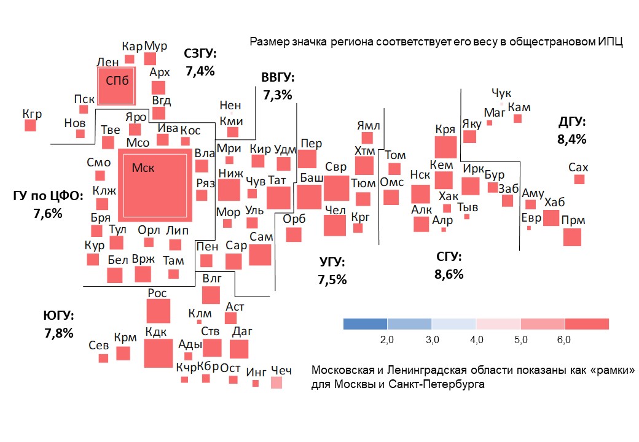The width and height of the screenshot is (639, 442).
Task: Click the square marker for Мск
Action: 155,185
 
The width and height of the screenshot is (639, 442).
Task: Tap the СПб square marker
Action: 116,85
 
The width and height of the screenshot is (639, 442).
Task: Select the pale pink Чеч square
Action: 277,383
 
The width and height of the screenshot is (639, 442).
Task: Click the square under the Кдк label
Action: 159,353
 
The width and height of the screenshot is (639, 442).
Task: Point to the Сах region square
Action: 579,179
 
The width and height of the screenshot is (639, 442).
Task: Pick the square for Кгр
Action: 30,125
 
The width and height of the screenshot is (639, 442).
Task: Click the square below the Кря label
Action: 446,147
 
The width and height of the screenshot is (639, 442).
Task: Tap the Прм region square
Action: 572,237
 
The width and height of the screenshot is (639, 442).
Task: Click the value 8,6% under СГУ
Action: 449,274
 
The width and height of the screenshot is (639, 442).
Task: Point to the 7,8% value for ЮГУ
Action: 59,333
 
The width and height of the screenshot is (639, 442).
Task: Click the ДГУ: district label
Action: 571,122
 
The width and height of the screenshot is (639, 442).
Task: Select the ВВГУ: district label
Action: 278,78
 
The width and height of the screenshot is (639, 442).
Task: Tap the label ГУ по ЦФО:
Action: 47,197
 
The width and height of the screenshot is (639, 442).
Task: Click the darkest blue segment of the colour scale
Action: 365,324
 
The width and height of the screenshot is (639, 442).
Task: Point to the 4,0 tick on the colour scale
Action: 476,339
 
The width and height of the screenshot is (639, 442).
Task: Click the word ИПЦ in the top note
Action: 611,42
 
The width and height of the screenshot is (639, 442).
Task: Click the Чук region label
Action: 501,93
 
